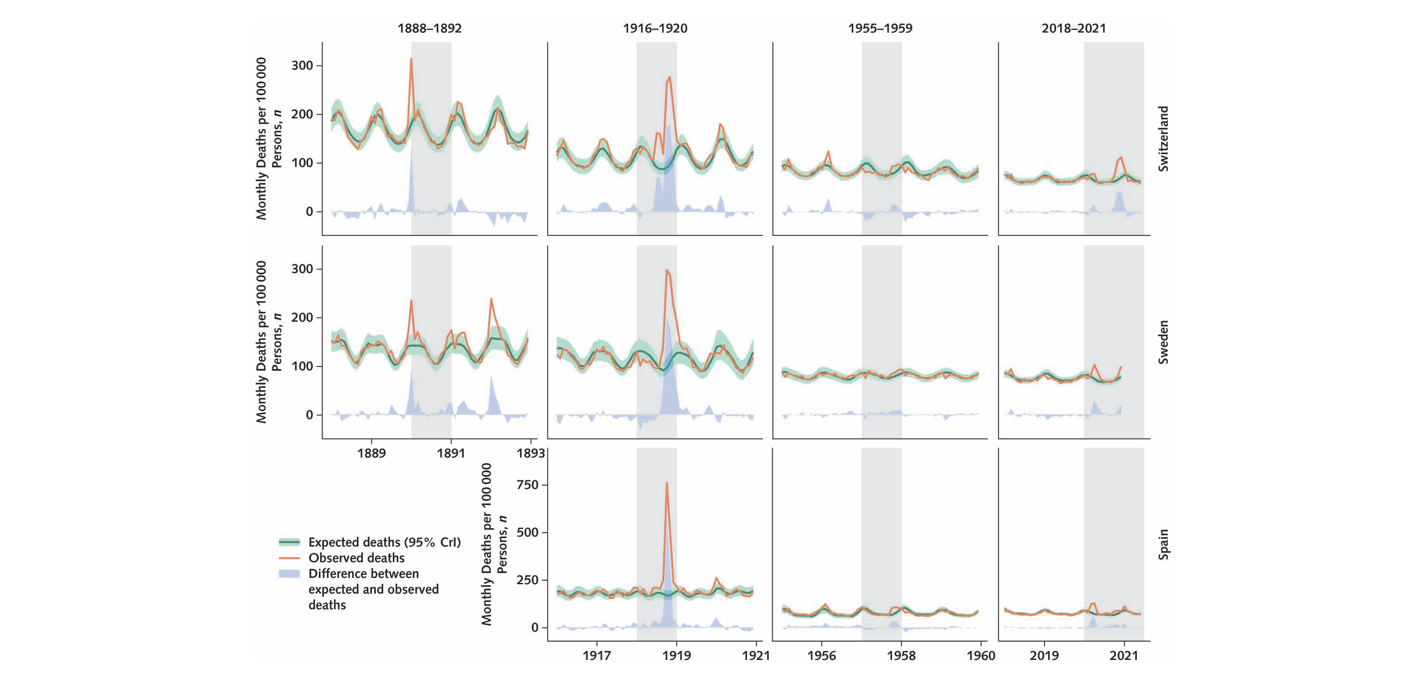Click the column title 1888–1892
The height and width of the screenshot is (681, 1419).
tap(430, 29)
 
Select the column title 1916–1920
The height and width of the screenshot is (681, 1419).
tap(655, 29)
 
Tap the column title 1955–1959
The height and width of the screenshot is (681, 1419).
tap(880, 29)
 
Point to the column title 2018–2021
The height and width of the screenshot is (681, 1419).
tap(1074, 29)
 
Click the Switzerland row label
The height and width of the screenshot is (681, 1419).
tap(1163, 139)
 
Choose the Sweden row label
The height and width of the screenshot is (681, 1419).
tap(1163, 342)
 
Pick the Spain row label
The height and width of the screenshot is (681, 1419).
tap(1163, 544)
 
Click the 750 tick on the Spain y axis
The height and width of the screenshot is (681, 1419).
tap(528, 485)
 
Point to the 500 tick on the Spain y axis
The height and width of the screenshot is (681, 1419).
tap(528, 532)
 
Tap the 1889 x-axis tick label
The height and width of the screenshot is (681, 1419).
tap(371, 453)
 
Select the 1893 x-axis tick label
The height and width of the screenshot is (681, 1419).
tap(530, 453)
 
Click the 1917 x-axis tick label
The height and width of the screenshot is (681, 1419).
tap(597, 655)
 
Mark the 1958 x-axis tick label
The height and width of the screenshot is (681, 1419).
tap(901, 655)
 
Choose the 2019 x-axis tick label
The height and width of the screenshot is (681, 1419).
tap(1044, 655)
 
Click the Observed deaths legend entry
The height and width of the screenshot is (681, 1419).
tap(357, 558)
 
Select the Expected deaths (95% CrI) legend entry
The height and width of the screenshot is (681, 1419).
tap(384, 542)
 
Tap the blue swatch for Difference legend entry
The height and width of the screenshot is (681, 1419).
tap(289, 573)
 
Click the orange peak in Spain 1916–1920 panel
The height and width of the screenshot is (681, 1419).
tap(667, 483)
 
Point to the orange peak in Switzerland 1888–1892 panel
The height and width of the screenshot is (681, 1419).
tap(411, 59)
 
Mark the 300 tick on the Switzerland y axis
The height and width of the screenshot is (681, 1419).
tap(302, 65)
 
